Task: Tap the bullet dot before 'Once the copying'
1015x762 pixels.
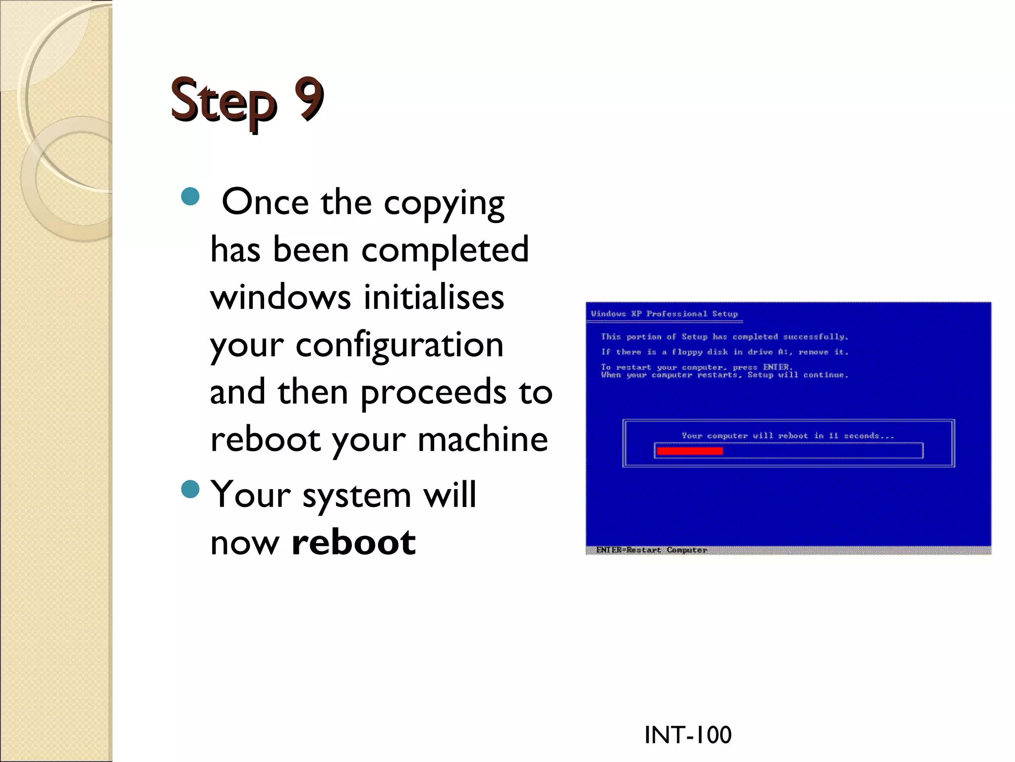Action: (190, 196)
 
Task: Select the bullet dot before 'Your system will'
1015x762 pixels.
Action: (190, 489)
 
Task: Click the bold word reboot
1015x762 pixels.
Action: (354, 542)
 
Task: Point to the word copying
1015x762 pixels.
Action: (444, 203)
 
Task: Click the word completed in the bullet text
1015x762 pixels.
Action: (445, 249)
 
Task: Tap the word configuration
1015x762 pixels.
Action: (399, 345)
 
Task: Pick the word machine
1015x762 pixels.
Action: (483, 439)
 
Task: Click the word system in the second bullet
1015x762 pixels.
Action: (357, 495)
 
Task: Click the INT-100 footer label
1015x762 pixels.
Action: (687, 735)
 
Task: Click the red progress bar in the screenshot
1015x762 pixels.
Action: (689, 451)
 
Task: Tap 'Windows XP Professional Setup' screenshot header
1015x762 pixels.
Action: (664, 314)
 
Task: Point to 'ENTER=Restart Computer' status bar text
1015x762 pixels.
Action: (651, 550)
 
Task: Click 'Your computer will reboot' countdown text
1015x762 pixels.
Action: (788, 436)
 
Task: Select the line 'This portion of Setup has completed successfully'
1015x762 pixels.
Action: (724, 337)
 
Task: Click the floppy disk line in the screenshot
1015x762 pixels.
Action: (724, 352)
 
